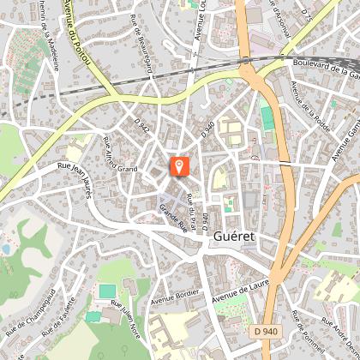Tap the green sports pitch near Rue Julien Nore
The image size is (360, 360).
[x=106, y=291]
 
